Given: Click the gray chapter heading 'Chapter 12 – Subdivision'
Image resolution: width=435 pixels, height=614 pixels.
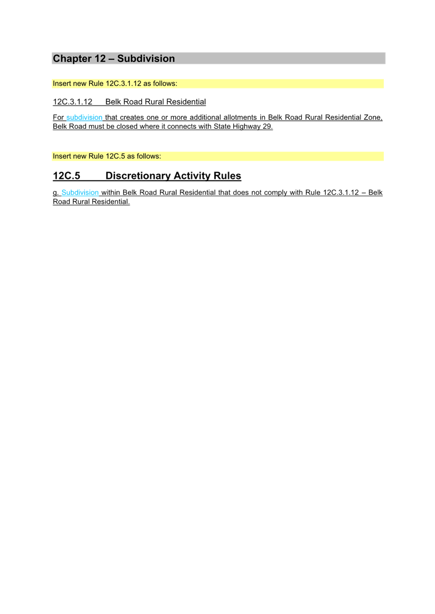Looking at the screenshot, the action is [114, 58].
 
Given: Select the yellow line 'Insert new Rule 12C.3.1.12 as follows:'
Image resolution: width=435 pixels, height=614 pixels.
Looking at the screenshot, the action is [115, 83].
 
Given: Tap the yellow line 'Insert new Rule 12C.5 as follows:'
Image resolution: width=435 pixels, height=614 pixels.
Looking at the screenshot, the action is [107, 156].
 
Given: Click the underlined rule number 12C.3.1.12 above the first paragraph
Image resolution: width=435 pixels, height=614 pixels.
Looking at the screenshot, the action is [72, 102].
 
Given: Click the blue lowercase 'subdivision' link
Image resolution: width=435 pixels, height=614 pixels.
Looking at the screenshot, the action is [84, 117].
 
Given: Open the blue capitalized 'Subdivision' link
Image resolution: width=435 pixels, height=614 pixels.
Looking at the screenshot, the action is [80, 193].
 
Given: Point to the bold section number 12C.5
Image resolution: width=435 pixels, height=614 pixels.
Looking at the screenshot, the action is [67, 175].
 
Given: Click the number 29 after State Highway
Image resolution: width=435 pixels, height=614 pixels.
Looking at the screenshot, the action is [267, 127].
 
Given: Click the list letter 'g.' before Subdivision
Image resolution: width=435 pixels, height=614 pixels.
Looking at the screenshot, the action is [56, 193].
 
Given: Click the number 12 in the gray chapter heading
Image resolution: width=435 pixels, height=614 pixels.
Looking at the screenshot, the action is [100, 58].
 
